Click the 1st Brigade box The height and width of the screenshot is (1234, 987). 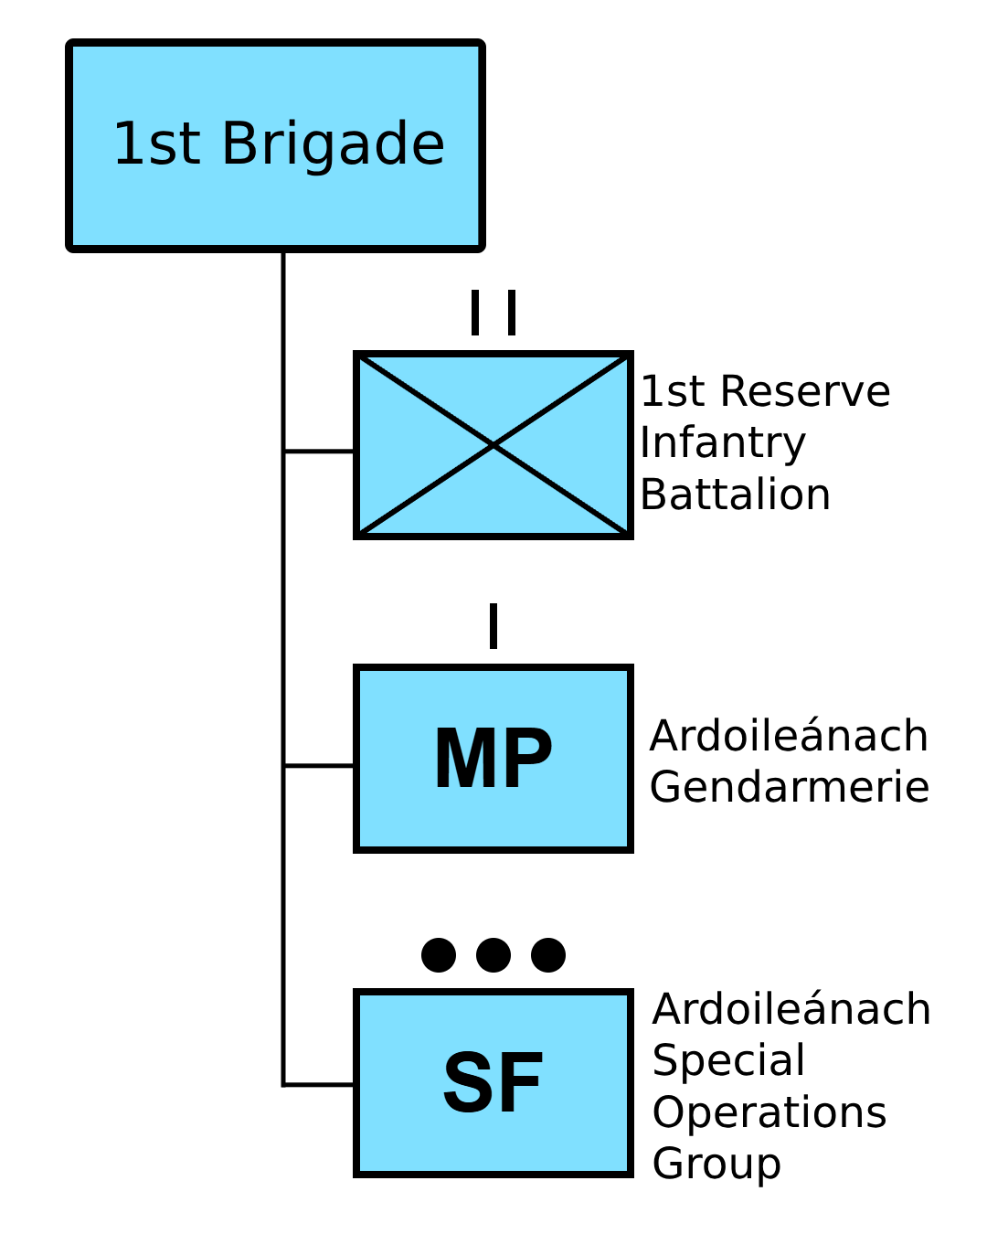(x=275, y=145)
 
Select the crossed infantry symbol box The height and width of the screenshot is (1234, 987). (x=493, y=445)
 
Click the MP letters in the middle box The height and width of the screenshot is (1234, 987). (x=493, y=758)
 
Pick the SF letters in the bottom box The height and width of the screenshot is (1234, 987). (x=493, y=1082)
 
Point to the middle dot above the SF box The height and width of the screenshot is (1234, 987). (x=493, y=955)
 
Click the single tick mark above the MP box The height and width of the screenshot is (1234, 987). (x=493, y=625)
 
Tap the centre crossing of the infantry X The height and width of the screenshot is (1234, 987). (x=493, y=445)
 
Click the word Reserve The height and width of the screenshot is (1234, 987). (x=805, y=392)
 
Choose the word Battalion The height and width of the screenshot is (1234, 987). (x=736, y=495)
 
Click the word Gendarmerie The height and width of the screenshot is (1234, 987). (x=790, y=787)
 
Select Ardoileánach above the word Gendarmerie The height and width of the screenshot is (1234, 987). (x=789, y=735)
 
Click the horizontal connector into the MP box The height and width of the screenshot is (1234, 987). (x=319, y=765)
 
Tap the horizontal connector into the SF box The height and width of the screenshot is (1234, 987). (x=319, y=1085)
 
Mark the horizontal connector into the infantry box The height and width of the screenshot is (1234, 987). (x=319, y=452)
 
